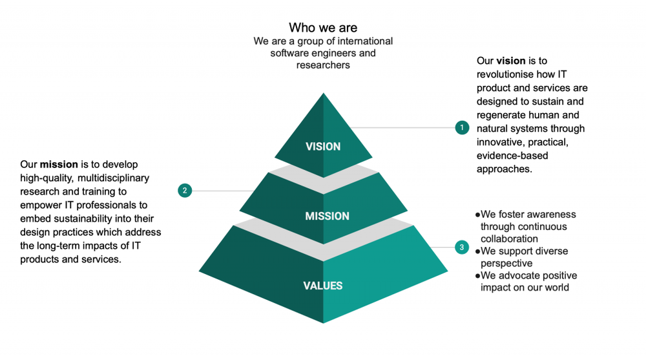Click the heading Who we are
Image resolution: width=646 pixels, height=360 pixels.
coord(322,28)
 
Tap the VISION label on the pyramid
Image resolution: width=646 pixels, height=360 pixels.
coord(323,147)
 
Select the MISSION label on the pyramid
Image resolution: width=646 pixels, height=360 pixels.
coord(327,216)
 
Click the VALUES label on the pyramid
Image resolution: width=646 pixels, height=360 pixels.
coord(323,286)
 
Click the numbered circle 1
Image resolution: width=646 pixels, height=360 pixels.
coord(461,128)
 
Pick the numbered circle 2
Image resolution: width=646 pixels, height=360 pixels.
coord(185,191)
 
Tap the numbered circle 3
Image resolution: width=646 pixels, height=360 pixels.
coord(461,247)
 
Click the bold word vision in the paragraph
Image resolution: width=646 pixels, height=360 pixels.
coord(510,61)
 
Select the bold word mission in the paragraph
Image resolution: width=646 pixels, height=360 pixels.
coord(59,165)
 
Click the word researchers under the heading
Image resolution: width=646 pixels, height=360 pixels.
coord(323,65)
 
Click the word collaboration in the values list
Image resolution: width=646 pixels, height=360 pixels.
coord(509,238)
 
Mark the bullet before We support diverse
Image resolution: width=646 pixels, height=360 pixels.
coord(477,251)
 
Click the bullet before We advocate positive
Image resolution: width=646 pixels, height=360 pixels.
coord(477,275)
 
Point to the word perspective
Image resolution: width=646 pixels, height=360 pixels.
coord(506,263)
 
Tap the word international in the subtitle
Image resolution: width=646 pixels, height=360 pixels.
coord(363,41)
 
